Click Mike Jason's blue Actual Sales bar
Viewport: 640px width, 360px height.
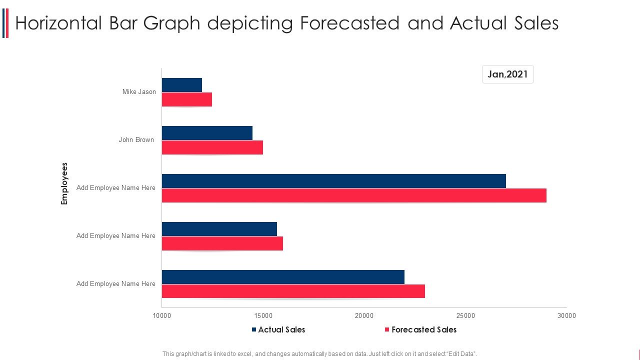click(x=182, y=85)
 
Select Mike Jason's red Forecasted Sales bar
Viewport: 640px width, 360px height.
click(x=187, y=99)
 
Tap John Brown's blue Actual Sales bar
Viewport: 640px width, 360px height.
click(x=207, y=133)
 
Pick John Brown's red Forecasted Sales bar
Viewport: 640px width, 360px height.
click(x=212, y=147)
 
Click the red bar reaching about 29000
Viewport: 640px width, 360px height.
click(x=354, y=195)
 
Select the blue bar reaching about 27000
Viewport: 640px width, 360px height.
click(x=334, y=181)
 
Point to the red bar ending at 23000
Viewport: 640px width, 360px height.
click(x=293, y=291)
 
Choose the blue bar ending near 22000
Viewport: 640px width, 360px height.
click(x=283, y=277)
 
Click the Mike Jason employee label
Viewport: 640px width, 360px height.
click(x=139, y=92)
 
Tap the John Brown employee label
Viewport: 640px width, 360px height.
click(x=136, y=140)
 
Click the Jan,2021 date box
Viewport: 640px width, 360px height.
click(x=507, y=74)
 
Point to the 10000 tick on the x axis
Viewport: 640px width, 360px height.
click(x=162, y=315)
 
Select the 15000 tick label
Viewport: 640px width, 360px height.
click(x=263, y=315)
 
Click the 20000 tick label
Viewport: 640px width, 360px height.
click(x=364, y=315)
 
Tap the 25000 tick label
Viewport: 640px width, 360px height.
click(x=465, y=315)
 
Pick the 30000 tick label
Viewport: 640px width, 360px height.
click(x=566, y=315)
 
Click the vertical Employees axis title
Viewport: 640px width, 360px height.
click(x=64, y=183)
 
